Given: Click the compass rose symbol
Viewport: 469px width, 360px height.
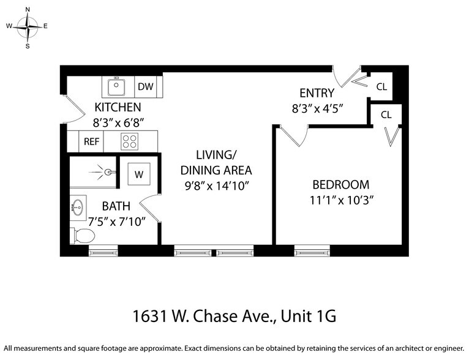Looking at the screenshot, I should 28,26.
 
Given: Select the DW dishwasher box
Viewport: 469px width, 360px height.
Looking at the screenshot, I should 145,87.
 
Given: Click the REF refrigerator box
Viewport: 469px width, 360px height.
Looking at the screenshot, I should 91,141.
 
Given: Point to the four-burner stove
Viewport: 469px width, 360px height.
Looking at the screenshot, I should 129,141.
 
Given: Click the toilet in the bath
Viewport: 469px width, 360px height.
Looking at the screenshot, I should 82,235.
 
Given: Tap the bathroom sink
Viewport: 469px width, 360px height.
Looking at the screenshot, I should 77,206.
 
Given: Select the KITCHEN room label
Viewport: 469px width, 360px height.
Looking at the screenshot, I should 118,108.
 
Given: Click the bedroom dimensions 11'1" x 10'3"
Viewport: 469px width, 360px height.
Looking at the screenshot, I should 340,200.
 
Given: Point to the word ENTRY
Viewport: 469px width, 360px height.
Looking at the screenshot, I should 317,94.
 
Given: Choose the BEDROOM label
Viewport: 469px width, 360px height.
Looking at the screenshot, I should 340,184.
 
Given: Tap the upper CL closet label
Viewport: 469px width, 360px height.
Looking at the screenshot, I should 381,87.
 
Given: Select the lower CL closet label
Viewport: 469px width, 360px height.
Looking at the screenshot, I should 386,114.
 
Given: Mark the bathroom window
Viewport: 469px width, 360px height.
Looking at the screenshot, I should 103,250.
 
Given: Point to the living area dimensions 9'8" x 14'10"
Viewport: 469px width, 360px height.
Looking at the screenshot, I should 216,184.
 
